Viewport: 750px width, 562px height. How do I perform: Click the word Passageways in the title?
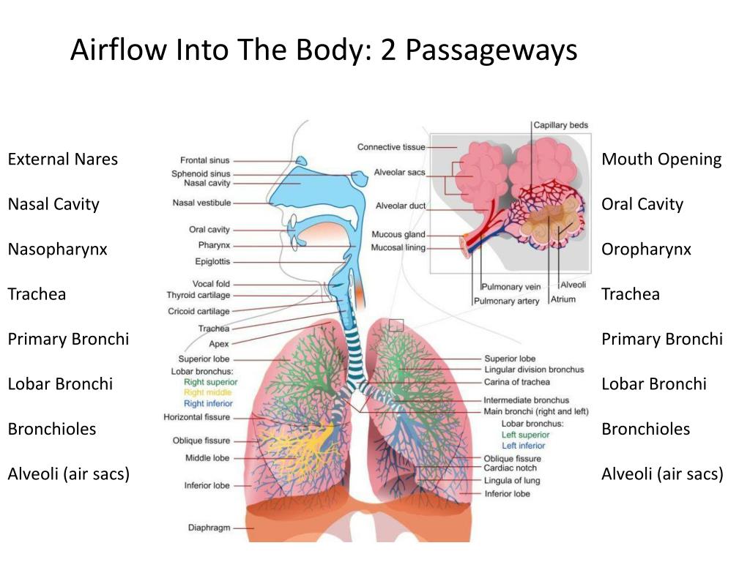coord(491,50)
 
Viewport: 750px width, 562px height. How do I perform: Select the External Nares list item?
coord(62,160)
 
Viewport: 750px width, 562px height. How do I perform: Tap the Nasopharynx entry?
coord(57,250)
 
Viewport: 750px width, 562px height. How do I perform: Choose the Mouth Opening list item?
coord(661,160)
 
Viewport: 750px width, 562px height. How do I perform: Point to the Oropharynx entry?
coord(646,250)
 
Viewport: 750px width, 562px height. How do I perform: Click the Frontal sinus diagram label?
coord(204,160)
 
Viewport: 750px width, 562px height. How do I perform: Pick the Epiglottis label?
coord(212,261)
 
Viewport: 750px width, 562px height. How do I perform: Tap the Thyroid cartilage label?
coord(198,296)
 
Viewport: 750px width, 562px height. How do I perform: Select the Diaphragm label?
coord(209,527)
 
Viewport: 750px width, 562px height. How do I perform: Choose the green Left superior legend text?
coord(524,435)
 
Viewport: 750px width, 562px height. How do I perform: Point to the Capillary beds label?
coord(560,125)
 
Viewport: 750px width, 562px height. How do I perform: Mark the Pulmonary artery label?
coord(506,301)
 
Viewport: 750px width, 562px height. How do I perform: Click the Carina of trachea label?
coord(516,382)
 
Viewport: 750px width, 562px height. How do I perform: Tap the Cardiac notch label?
coord(510,468)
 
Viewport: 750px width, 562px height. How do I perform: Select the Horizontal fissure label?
coord(196,417)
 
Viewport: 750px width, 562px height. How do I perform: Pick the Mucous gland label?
coord(398,235)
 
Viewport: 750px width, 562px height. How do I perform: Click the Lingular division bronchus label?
coord(534,370)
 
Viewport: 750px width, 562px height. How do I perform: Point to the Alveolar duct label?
coord(400,206)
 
